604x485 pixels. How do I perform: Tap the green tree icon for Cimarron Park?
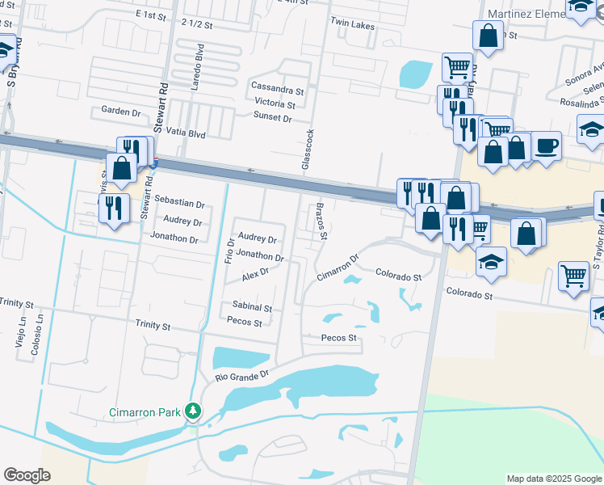click(193, 411)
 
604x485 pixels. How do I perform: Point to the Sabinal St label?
click(252, 308)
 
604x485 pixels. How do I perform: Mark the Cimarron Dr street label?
click(337, 268)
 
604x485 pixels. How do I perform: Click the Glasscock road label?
click(307, 149)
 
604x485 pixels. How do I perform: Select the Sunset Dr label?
click(272, 117)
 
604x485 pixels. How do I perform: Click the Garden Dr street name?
click(121, 110)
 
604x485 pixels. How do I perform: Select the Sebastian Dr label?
click(179, 205)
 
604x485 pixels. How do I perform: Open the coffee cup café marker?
click(546, 145)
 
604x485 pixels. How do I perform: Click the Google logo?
click(27, 475)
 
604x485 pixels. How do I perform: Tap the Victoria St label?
click(275, 103)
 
